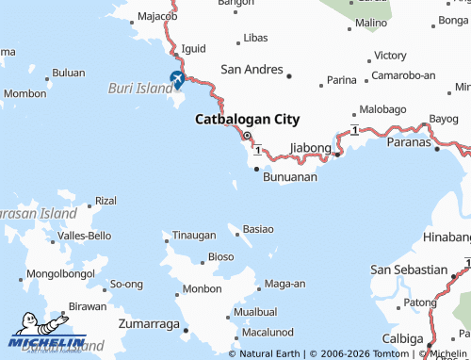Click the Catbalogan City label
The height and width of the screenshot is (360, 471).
247,120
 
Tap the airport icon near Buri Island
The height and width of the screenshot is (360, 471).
176,80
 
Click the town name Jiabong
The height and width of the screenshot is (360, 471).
311,147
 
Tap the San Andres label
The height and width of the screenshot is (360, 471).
252,69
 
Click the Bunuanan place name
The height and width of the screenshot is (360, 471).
289,176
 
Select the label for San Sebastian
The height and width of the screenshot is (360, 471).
409,270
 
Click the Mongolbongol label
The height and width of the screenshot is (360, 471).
60,273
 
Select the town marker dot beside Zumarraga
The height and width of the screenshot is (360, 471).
187,330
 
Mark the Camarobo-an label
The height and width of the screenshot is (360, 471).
402,74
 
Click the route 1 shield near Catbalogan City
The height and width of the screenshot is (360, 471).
256,150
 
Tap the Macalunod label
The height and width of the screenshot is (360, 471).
268,332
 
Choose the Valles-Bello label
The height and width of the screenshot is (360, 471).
85,235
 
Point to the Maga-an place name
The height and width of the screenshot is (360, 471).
284,284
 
